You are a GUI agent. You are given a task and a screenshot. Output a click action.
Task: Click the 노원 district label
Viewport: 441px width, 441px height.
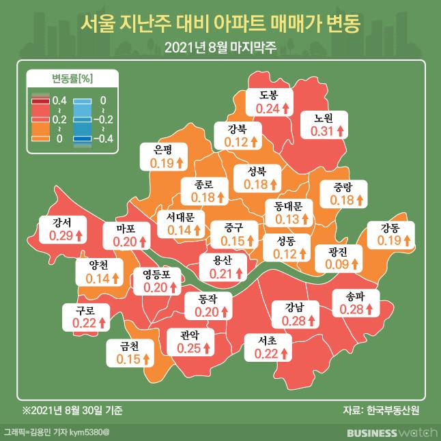point(324,117)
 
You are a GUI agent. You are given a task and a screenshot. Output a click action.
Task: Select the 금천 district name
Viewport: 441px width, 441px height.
point(128,346)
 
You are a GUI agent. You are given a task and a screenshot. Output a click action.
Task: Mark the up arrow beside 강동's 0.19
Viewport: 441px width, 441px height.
point(408,241)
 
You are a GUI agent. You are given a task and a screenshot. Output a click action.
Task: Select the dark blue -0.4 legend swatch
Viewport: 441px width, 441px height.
point(83,139)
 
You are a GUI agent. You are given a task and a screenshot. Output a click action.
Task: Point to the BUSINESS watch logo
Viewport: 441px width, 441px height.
point(388,432)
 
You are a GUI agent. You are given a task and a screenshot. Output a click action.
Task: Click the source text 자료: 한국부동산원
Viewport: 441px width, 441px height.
point(381,410)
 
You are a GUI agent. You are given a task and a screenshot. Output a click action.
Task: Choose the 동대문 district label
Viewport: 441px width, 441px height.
point(287,205)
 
